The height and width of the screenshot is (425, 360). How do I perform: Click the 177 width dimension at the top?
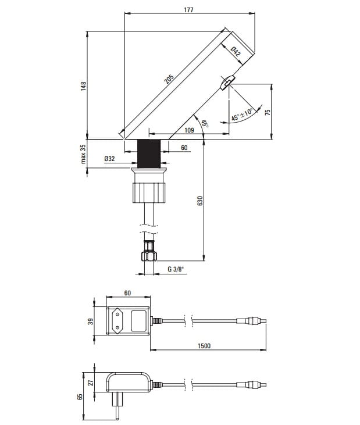coord(188,10)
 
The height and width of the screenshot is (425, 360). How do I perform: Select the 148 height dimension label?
coord(84,86)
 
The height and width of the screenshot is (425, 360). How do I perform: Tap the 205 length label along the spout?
coord(169,79)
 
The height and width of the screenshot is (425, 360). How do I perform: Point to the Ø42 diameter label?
coord(236,52)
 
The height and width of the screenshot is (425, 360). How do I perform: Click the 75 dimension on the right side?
coord(268,112)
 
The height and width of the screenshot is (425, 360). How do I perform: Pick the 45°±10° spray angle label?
coord(242,115)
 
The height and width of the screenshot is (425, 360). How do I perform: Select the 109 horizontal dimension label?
coord(189,130)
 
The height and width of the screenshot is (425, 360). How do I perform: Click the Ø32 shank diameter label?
coord(109,159)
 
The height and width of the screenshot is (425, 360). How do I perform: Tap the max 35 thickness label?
coord(83,153)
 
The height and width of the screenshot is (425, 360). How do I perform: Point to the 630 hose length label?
coord(200,201)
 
